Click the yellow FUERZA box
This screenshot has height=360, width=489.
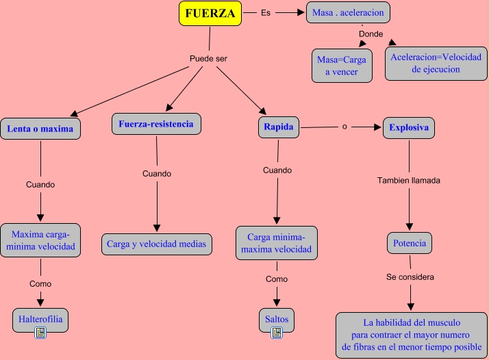point(210,13)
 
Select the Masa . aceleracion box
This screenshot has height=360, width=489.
point(348,12)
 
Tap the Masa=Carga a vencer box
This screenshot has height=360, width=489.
point(342,66)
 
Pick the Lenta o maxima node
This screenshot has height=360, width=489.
point(40,129)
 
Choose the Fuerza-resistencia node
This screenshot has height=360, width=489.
point(156,125)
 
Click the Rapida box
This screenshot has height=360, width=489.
point(279,127)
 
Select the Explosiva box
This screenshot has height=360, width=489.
point(409,127)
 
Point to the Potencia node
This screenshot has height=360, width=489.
point(410,243)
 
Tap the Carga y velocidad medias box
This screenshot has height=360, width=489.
point(157,244)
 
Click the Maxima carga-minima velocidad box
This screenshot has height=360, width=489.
point(40,240)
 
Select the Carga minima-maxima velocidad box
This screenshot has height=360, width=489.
point(277,243)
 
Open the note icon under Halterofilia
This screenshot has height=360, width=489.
point(40,333)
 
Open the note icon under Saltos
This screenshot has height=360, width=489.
point(277,333)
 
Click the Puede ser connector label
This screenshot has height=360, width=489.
point(208,58)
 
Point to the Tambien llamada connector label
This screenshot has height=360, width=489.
point(409,181)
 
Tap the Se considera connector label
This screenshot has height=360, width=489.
point(410,277)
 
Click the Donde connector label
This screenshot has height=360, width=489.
point(371,34)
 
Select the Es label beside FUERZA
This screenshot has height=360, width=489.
point(266,12)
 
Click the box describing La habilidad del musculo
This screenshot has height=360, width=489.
point(411,333)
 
